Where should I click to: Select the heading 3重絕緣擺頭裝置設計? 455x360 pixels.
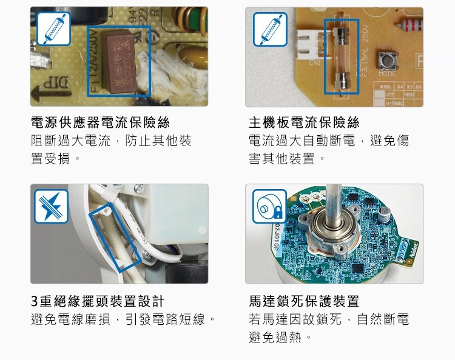click(98, 301)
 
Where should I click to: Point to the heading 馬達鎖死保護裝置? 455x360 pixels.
click(305, 301)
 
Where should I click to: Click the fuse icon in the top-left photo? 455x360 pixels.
click(53, 28)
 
